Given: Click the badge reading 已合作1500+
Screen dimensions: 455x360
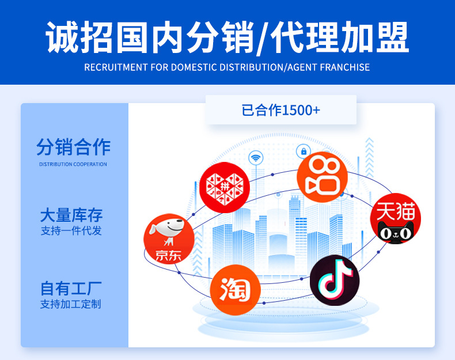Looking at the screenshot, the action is point(281,110).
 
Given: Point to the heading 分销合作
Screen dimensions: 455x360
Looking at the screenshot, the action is point(73,147).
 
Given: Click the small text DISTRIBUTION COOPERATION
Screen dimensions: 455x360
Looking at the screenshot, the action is point(73,164).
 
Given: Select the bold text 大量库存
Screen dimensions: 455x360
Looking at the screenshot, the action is point(71,215).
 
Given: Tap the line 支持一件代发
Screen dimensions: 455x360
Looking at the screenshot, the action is point(71,231).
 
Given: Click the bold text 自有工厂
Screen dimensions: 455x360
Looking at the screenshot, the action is point(71,288).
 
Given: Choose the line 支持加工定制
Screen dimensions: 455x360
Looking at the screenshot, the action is point(71,304).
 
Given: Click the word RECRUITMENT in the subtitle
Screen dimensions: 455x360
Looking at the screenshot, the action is point(116,67).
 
